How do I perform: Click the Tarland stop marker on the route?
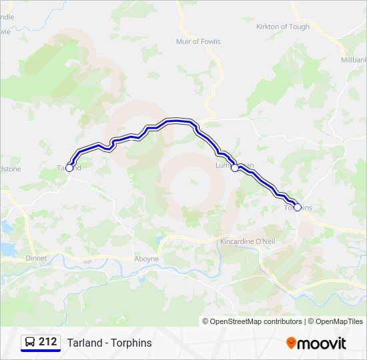coord(69,168)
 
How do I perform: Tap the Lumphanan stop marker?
coord(235,168)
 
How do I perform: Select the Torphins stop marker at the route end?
coord(298,207)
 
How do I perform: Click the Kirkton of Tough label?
coord(283,27)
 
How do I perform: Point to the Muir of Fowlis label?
coord(197,41)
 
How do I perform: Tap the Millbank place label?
coord(354,59)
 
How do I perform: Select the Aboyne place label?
coord(147,259)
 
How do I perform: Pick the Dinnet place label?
coord(35,258)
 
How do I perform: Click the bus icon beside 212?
coord(30,342)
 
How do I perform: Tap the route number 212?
coord(48,342)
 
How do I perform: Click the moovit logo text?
coord(322,343)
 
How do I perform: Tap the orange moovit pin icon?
coord(291,343)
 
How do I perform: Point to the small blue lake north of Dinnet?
coord(7,249)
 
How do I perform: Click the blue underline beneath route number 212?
coord(41,351)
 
